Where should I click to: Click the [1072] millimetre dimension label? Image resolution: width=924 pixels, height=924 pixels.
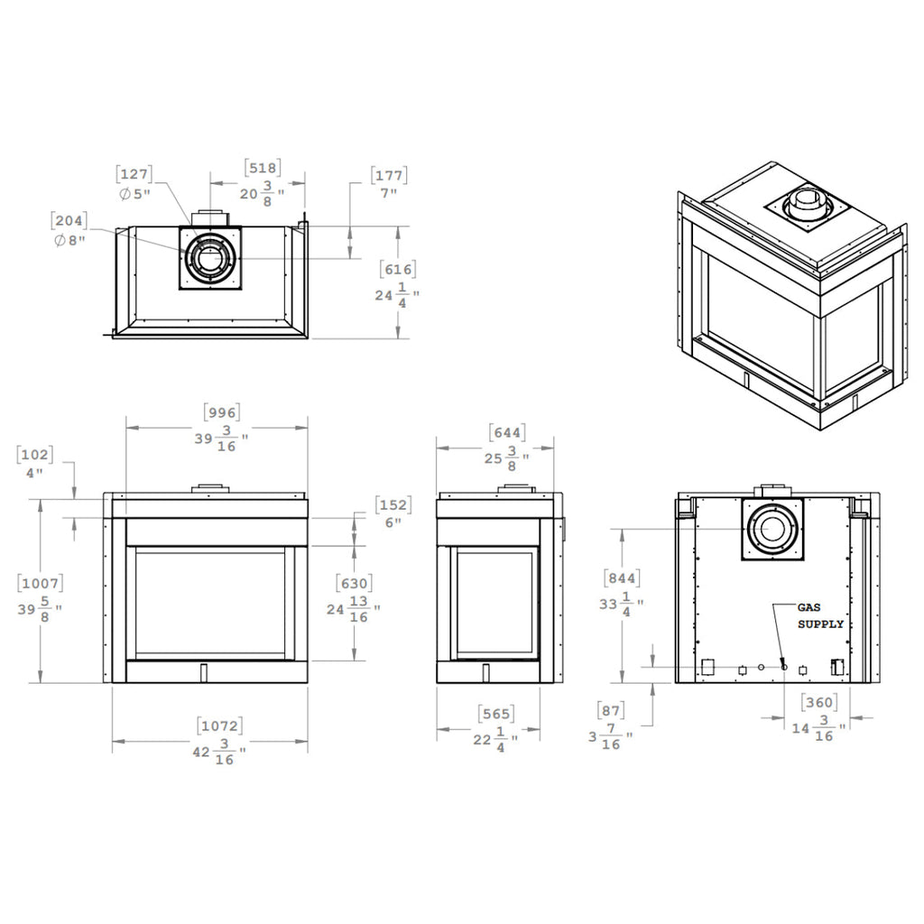[220, 726]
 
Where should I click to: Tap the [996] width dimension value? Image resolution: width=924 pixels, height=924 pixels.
[222, 412]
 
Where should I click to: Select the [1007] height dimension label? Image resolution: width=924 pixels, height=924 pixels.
[40, 584]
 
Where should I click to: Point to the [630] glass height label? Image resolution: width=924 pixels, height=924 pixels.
[354, 584]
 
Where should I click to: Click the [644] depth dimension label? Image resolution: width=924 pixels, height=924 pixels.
[507, 433]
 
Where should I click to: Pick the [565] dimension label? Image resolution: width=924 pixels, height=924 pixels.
[496, 715]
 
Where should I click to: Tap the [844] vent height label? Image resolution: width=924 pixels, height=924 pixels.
[622, 578]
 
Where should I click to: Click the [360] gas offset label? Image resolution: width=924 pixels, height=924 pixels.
[818, 702]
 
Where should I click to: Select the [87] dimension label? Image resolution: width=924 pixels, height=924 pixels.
[611, 711]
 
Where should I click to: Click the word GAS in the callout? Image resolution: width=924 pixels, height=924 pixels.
[808, 607]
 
